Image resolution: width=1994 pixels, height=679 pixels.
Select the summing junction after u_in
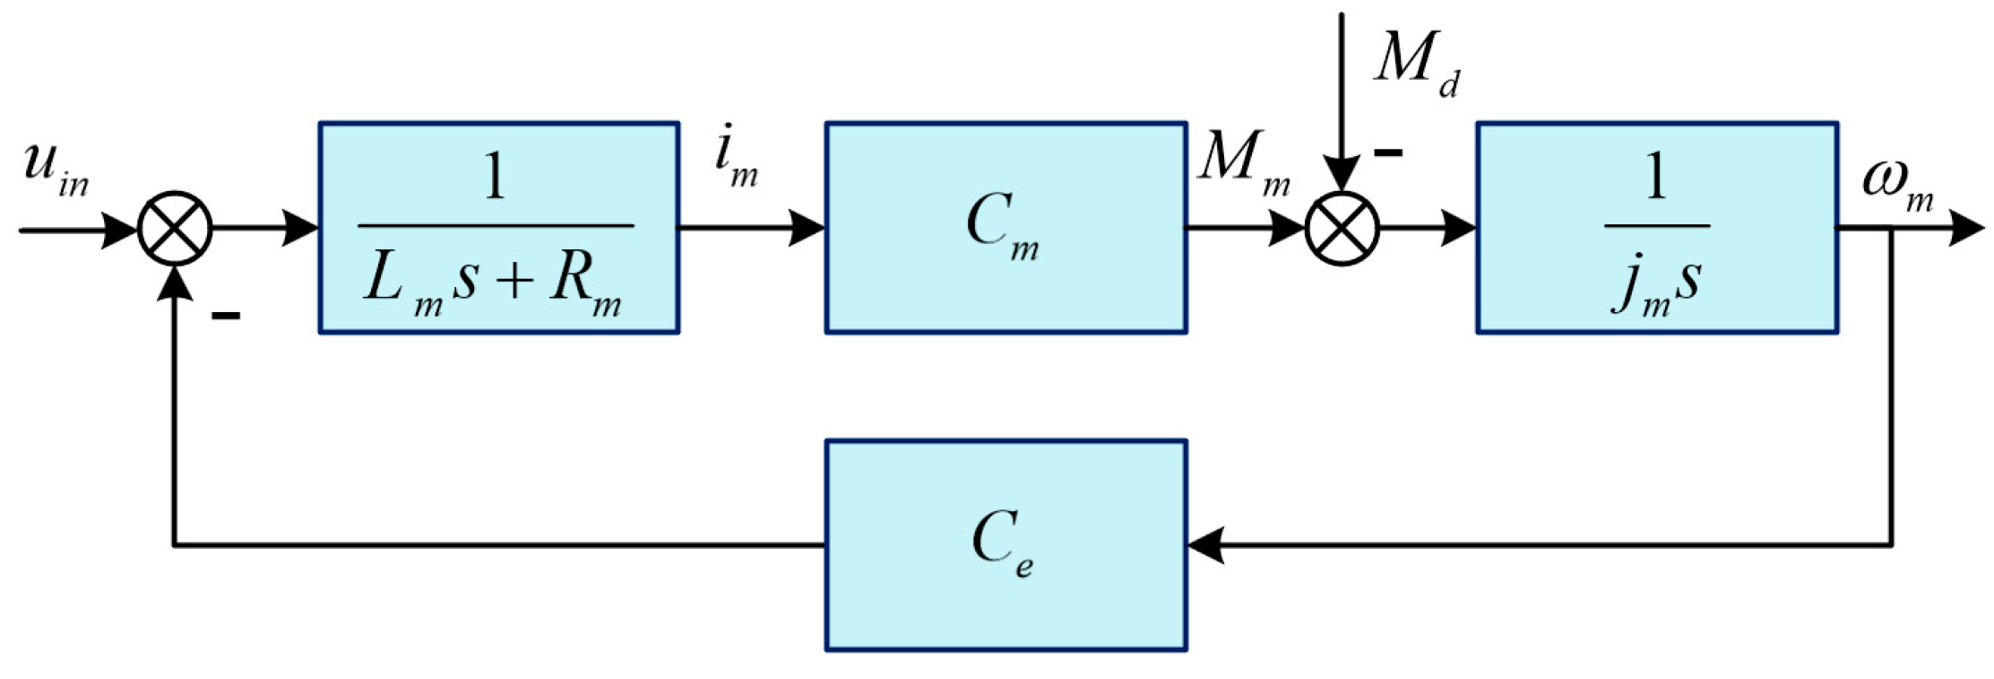(x=175, y=228)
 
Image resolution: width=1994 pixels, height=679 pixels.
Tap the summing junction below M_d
(x=1342, y=228)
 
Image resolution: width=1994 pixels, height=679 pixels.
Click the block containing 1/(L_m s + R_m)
(x=498, y=228)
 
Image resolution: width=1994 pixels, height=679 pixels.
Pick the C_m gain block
(x=1006, y=228)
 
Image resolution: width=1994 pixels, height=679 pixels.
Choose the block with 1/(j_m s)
(x=1657, y=228)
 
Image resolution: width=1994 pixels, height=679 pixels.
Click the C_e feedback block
(x=1006, y=545)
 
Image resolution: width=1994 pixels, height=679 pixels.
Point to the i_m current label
(x=736, y=160)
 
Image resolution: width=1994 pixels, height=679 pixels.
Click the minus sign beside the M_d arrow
(x=1388, y=153)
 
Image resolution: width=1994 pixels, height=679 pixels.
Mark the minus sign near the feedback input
(x=225, y=315)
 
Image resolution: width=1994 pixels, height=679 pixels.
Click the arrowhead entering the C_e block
(x=1205, y=545)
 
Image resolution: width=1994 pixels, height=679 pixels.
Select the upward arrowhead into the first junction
(x=175, y=283)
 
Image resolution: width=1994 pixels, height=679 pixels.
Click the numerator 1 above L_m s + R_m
(x=494, y=177)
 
